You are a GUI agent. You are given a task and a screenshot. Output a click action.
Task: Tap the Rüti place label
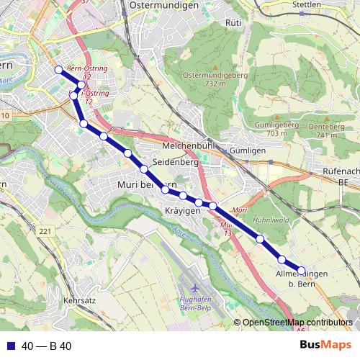pos(233,23)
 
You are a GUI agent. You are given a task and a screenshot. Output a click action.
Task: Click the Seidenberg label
pos(175,163)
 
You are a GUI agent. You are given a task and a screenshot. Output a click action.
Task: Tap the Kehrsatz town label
pos(80,299)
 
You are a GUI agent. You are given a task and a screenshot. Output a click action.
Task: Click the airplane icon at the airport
pos(196,277)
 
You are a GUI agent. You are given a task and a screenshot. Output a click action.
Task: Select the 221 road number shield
pos(46,231)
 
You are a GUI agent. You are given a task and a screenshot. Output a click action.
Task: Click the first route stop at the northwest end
pos(58,70)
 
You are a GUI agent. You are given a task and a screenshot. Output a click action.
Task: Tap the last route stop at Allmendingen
pos(302,271)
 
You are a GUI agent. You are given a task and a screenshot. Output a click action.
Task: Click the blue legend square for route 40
pos(11,346)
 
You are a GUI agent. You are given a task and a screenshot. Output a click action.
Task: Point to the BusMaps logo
pos(325,346)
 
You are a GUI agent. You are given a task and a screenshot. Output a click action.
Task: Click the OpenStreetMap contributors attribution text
pos(297,323)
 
